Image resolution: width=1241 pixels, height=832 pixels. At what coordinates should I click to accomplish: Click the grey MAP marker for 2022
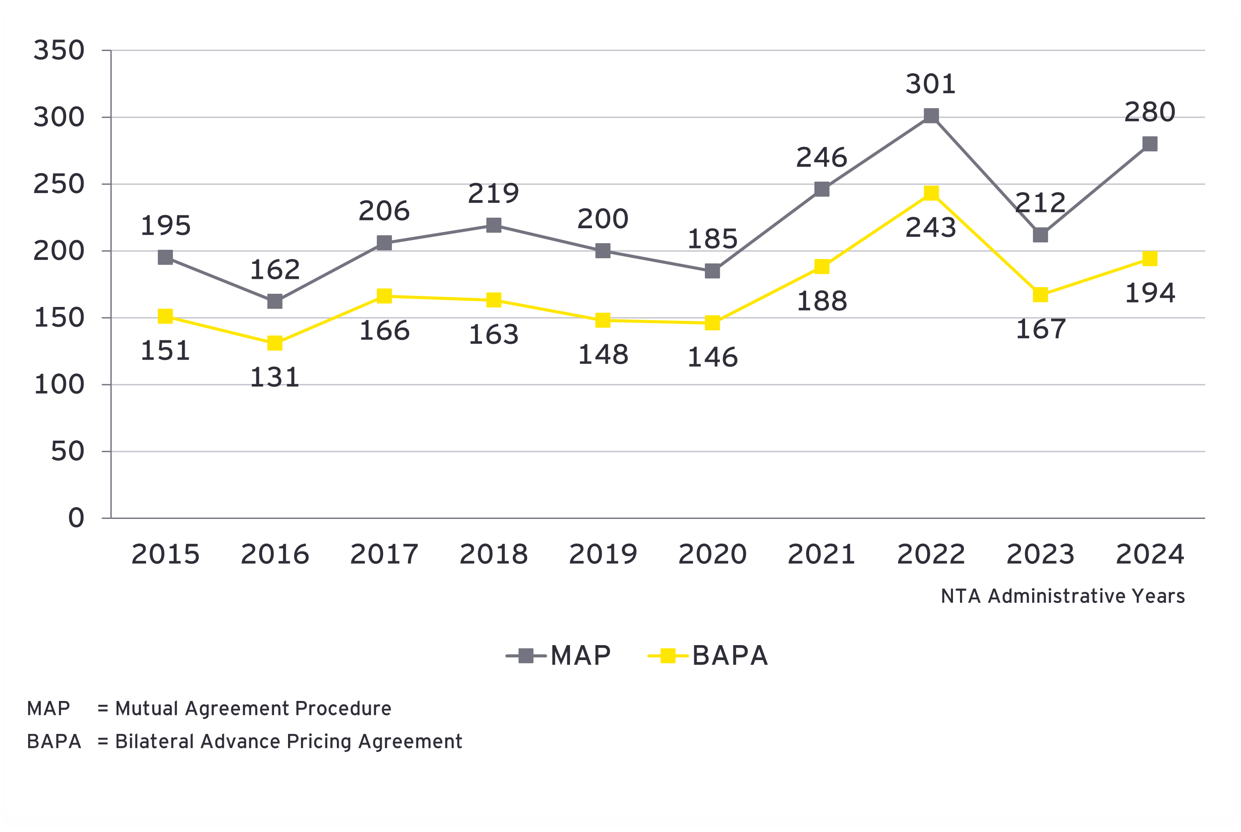point(931,116)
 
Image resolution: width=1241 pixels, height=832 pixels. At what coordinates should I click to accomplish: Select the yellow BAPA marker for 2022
point(931,193)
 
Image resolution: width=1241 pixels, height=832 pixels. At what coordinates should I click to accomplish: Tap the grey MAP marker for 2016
point(274,301)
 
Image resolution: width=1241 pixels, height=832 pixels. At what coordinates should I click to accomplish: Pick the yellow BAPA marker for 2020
point(712,323)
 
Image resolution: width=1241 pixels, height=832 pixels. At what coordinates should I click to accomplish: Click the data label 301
point(930,84)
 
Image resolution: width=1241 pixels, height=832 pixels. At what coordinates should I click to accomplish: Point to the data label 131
point(274,377)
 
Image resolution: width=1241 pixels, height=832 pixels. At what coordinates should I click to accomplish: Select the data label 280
point(1149,112)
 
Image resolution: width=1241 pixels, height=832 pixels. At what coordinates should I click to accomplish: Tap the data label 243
point(930,228)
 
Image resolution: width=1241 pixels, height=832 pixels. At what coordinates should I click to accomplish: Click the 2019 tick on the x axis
point(603,554)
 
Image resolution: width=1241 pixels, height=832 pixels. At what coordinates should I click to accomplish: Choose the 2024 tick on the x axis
point(1149,554)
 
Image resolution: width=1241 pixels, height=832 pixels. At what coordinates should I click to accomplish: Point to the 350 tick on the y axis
point(59,51)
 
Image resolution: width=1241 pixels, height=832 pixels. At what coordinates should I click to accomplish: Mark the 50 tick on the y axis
point(67,452)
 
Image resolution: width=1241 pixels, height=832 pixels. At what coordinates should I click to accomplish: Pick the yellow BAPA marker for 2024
point(1149,259)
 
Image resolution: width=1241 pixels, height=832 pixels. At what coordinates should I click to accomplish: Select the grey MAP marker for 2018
point(493,225)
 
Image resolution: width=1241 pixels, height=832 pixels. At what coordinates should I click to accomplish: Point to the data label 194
point(1149,293)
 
